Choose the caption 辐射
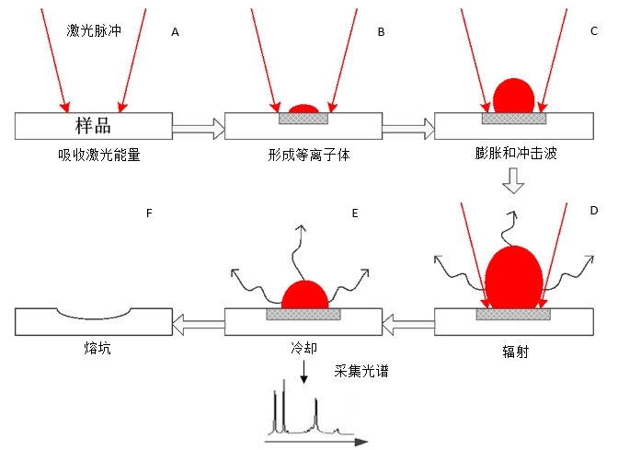[512, 352]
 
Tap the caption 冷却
[303, 352]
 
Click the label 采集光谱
[356, 373]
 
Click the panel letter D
[593, 212]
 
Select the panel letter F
[149, 213]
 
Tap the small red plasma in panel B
[304, 108]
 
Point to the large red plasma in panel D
[512, 276]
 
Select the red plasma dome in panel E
[304, 294]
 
